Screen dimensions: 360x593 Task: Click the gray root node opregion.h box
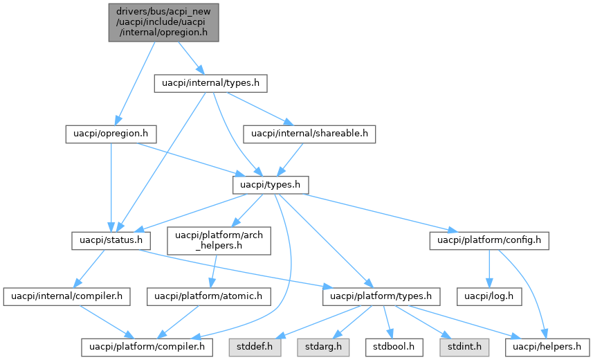[x=163, y=23]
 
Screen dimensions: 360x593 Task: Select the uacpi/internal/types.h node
[x=210, y=84]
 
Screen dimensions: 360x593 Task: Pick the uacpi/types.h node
[x=270, y=185]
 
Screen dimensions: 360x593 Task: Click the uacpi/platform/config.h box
[x=490, y=241]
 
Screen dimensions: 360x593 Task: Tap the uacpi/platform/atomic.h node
[x=208, y=296]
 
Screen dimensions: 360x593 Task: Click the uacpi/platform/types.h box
[x=381, y=296]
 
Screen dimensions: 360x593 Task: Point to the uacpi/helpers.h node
[x=549, y=345]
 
